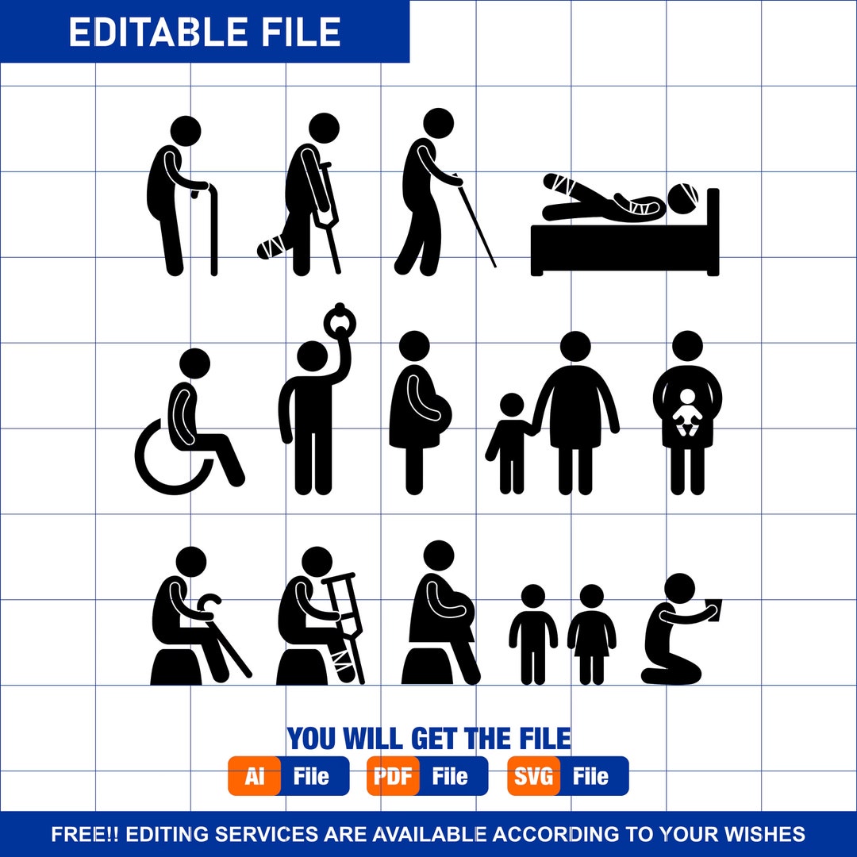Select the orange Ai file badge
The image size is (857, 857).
pos(255,776)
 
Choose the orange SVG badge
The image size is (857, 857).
pos(534,776)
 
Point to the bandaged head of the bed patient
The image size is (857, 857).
pos(685,195)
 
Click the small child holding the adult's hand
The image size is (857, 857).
pos(511,440)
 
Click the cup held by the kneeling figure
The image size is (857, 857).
pos(714,606)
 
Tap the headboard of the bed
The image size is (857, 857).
pos(713,230)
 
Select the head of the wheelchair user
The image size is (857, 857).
pos(194,363)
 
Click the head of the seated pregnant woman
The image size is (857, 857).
pos(439,555)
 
